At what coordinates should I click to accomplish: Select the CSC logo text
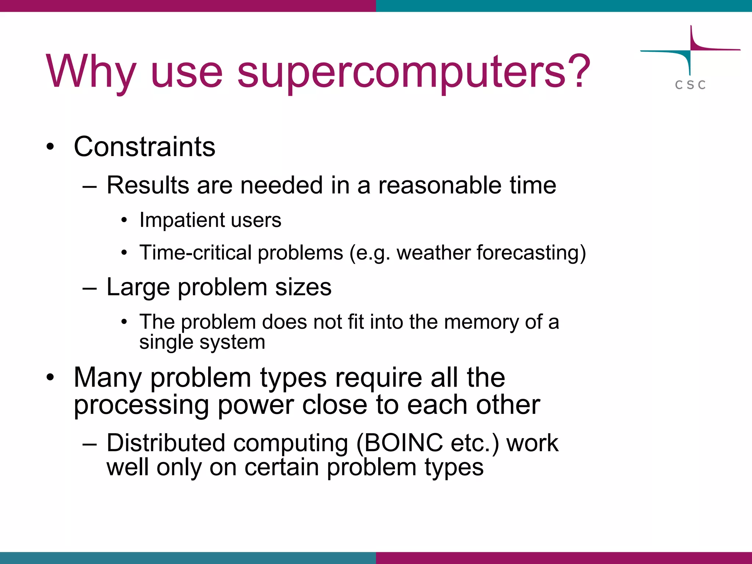[690, 85]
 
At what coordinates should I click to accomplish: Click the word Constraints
[144, 147]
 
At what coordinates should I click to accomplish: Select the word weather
[433, 253]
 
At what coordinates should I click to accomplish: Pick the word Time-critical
[195, 253]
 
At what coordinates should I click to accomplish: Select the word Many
[108, 377]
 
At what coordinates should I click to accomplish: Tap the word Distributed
[166, 443]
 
